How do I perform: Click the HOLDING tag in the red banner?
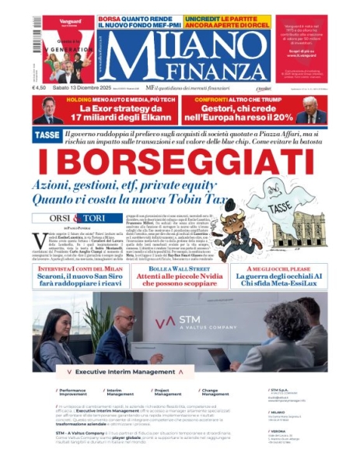pos(86,101)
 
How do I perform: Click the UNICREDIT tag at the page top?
pos(211,16)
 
